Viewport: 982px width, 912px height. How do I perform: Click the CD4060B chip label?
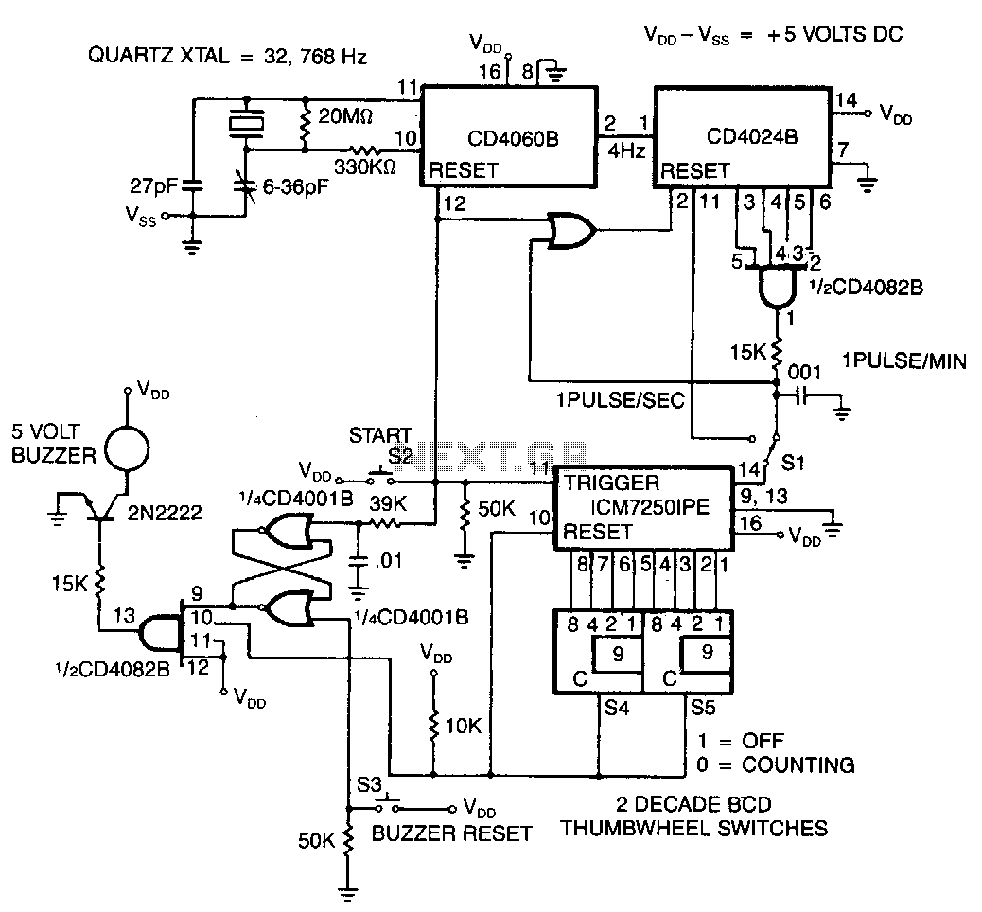coord(513,138)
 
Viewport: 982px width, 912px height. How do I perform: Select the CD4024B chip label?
coord(751,136)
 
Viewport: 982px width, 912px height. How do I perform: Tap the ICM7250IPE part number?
coord(650,506)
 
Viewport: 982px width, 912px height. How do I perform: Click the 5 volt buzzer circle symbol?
coord(127,448)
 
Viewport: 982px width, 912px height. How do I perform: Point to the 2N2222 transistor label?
coord(165,513)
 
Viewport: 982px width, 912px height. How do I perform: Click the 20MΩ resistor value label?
coord(345,115)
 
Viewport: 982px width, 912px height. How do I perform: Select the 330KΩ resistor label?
coord(364,167)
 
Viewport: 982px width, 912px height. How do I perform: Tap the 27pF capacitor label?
coord(154,186)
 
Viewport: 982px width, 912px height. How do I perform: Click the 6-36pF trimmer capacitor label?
coord(295,186)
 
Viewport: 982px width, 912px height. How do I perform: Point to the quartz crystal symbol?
coord(246,122)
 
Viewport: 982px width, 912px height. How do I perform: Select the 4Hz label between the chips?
coord(626,150)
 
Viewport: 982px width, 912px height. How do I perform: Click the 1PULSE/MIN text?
coord(903,360)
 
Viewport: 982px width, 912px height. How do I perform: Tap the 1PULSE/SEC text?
coord(620,399)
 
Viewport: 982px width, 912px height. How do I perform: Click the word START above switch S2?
coord(380,434)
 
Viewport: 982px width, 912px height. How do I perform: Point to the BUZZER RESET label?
coord(451,833)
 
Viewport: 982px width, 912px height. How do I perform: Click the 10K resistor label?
coord(463,726)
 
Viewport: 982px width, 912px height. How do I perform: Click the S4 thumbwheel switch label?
coord(616,708)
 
